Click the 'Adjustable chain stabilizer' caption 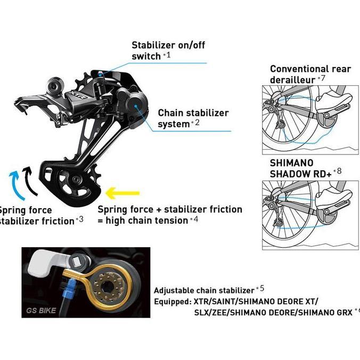click(x=204, y=290)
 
